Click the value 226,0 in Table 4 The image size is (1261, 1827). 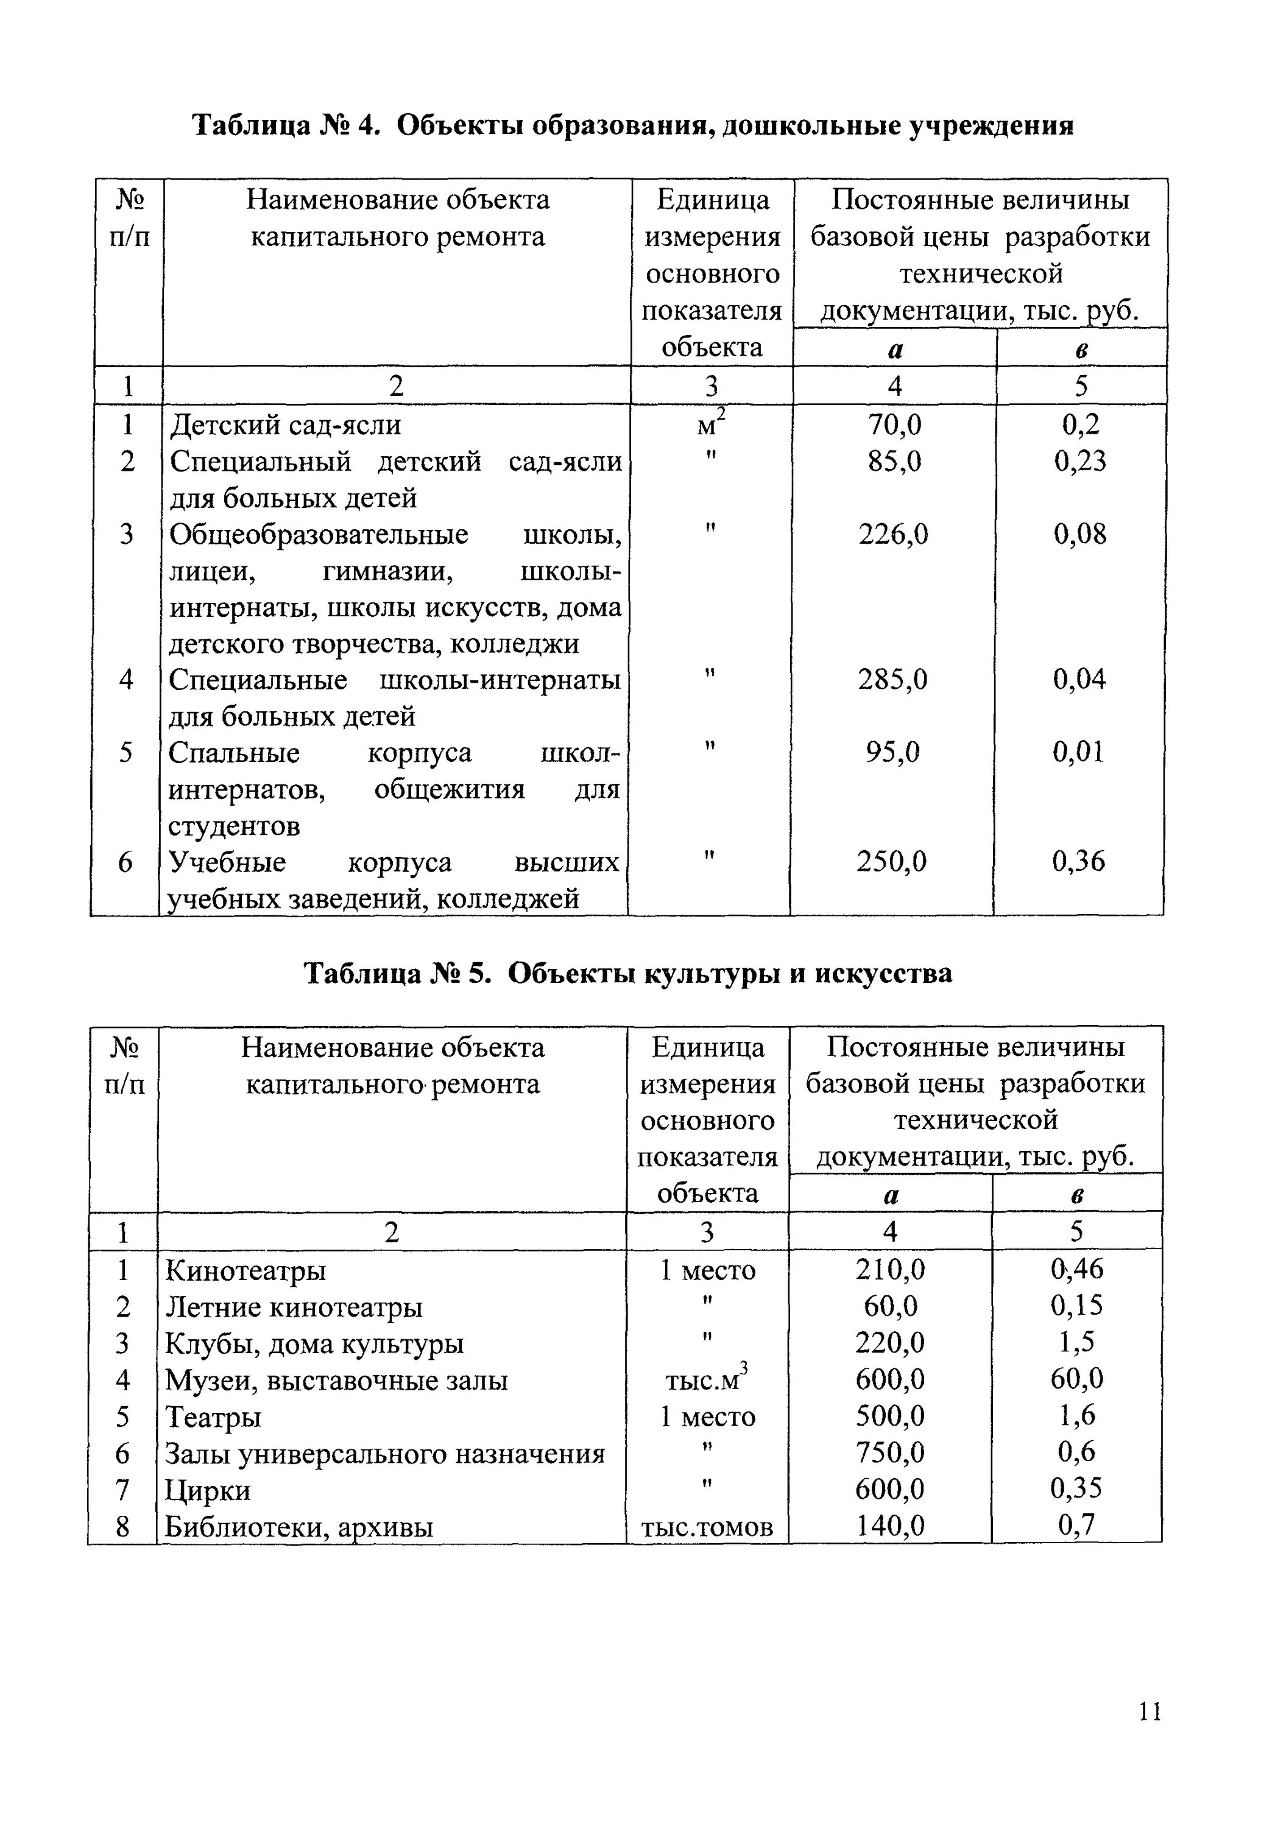coord(894,535)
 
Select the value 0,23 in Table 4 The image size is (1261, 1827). coord(1080,461)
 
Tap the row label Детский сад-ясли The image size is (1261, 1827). coord(285,426)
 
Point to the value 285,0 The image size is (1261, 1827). coord(894,679)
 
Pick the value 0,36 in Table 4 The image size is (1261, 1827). coord(1078,862)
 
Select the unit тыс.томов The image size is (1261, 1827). coord(707,1527)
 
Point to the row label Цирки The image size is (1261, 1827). coord(208,1490)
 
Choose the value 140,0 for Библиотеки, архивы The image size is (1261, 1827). coord(891,1526)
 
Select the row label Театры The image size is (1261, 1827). coord(213,1418)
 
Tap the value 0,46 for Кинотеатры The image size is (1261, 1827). coord(1077,1269)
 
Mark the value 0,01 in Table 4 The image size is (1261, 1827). coord(1078,752)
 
